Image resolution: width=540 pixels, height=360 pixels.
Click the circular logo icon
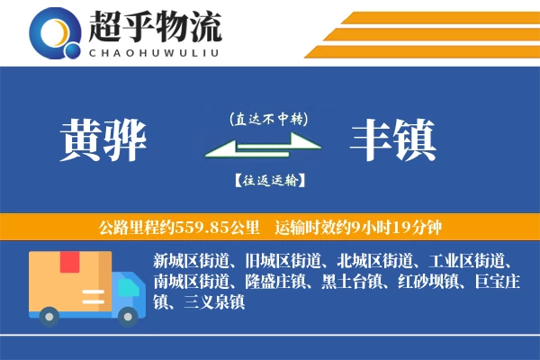click(52, 34)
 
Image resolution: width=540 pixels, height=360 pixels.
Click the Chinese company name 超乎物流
click(155, 28)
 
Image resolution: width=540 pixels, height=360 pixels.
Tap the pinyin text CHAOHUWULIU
click(155, 51)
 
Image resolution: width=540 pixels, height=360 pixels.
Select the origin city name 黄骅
click(103, 139)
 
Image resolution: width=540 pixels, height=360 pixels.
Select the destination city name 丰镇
click(393, 139)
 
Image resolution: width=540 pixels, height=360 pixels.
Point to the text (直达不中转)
click(267, 119)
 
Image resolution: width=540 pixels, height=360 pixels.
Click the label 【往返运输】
click(267, 180)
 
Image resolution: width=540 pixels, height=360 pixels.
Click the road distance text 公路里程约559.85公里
click(181, 226)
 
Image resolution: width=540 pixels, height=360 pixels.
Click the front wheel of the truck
click(129, 315)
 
